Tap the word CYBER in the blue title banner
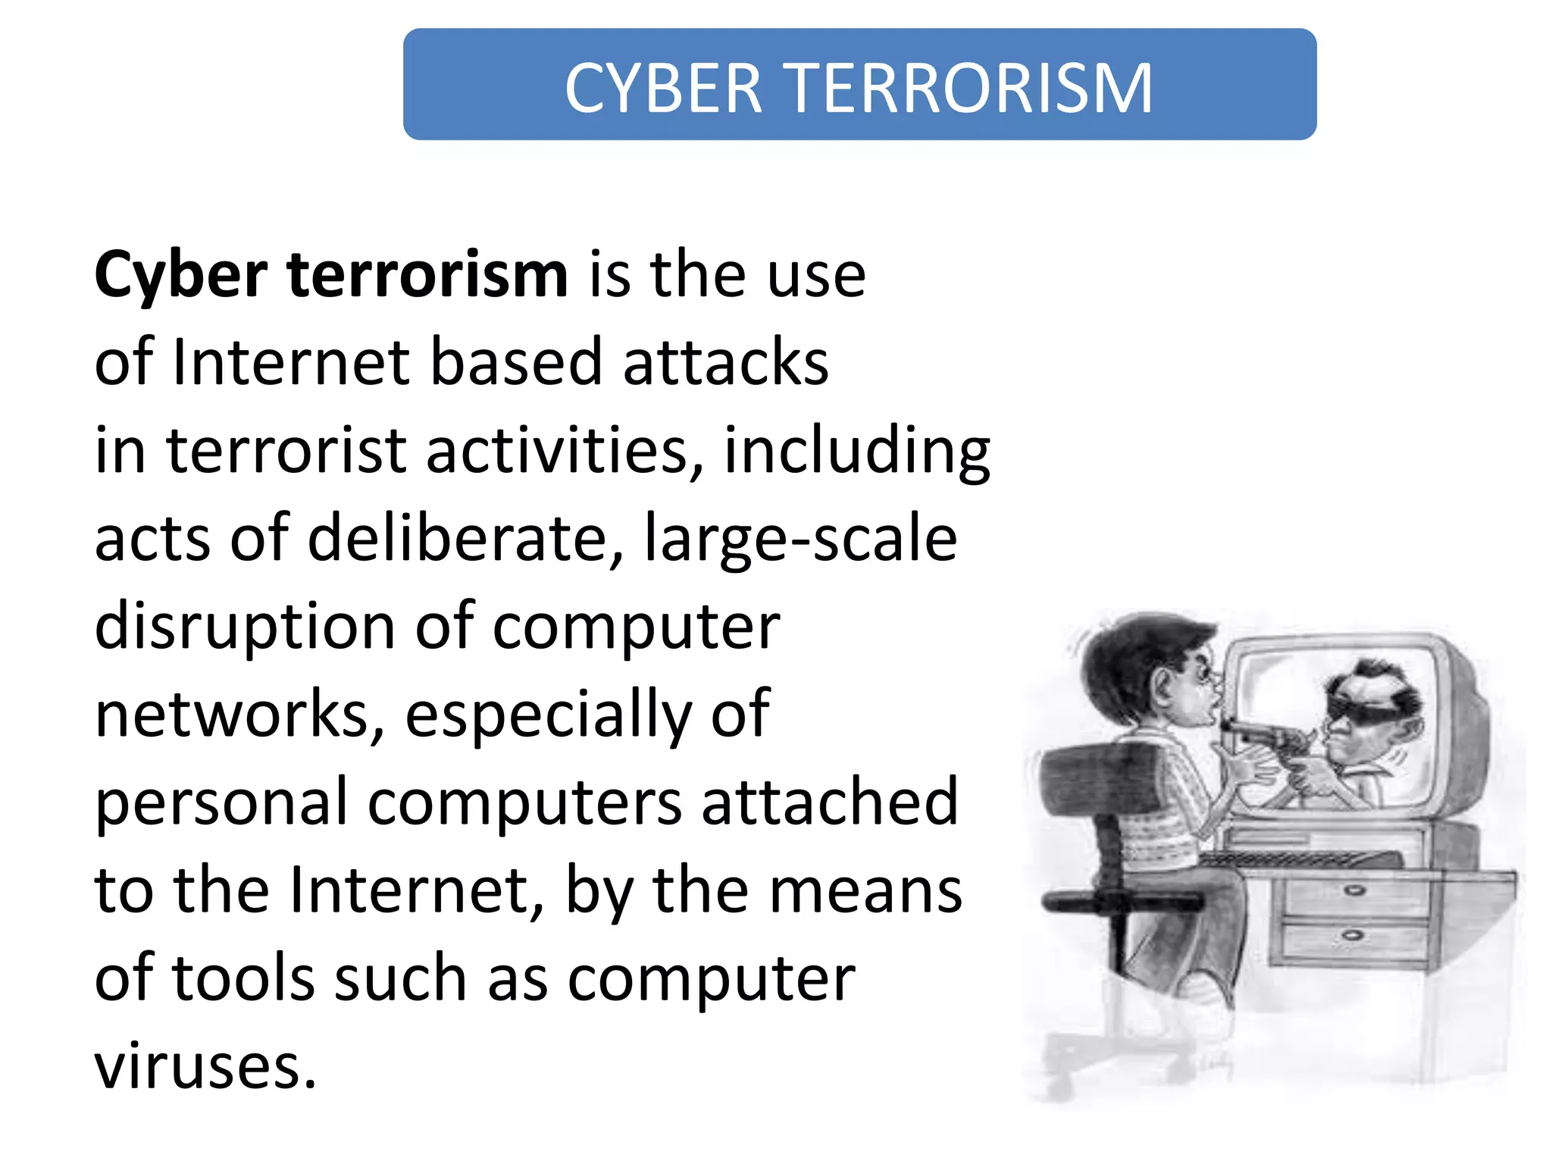pyautogui.click(x=663, y=89)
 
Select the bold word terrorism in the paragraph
pyautogui.click(x=427, y=274)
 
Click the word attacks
pyautogui.click(x=726, y=362)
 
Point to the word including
pyautogui.click(x=857, y=452)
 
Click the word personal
pyautogui.click(x=221, y=803)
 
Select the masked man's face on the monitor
pyautogui.click(x=1364, y=712)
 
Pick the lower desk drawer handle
pyautogui.click(x=1352, y=936)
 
